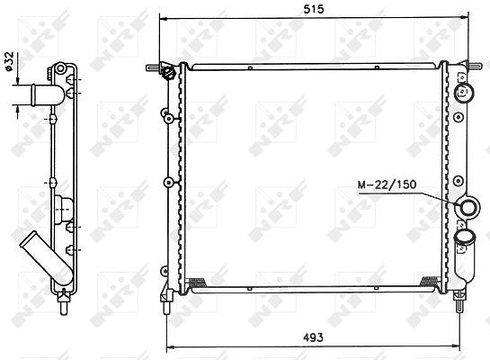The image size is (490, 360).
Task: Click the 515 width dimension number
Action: [314, 9]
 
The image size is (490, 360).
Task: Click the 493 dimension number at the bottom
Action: [313, 337]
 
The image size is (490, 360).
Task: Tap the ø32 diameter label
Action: [9, 61]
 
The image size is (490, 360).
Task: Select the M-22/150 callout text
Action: [387, 184]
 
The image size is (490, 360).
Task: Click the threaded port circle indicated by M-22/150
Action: [468, 207]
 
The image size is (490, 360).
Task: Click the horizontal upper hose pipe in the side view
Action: [39, 94]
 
